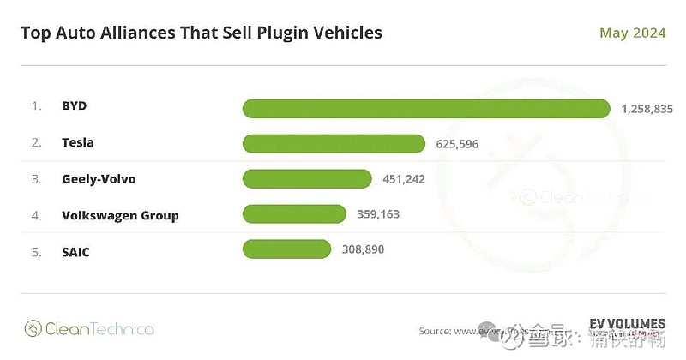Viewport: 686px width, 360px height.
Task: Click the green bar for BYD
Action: [x=426, y=108]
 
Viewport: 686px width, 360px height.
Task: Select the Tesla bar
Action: [x=334, y=143]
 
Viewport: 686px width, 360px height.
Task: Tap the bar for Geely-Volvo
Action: [x=307, y=178]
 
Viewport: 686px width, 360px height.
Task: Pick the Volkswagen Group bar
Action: [x=294, y=214]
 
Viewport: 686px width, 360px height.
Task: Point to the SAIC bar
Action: [x=286, y=249]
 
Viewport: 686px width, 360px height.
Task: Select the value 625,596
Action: [x=457, y=143]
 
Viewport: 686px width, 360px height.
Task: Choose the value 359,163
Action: [x=376, y=214]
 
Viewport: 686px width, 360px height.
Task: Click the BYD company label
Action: [x=75, y=106]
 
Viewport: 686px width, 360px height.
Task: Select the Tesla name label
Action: [x=78, y=142]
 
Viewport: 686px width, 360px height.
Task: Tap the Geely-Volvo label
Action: [x=99, y=178]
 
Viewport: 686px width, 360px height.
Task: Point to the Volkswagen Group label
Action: [x=120, y=214]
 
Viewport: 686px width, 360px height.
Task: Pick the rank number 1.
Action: [x=36, y=106]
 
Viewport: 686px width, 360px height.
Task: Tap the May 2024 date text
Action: [x=633, y=33]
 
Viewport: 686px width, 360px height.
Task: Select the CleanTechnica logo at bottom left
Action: [x=89, y=328]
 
